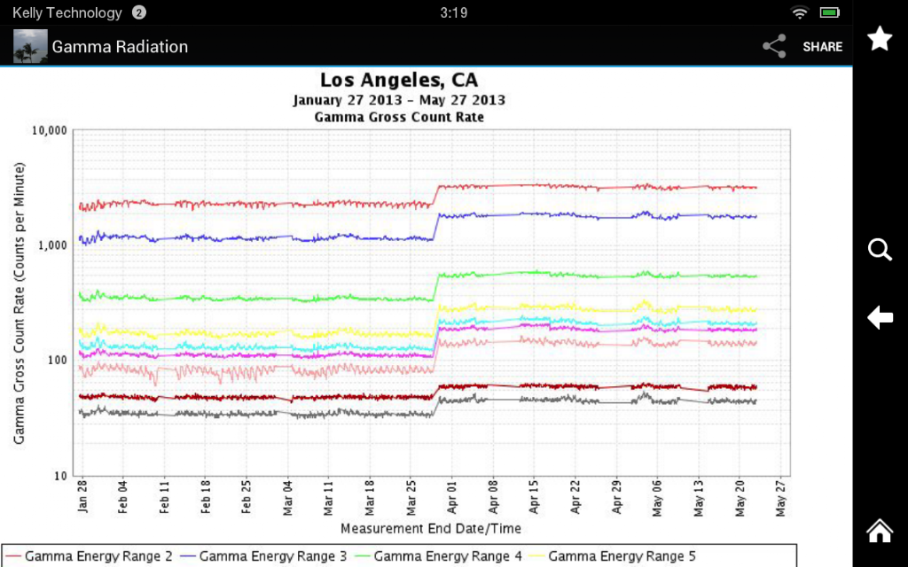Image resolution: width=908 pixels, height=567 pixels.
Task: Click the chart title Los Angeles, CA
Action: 399,80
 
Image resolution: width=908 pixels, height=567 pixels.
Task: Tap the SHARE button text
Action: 822,47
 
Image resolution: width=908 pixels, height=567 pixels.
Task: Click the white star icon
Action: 880,38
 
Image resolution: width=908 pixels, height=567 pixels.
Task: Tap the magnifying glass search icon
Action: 880,250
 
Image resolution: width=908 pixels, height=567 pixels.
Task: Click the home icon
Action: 880,530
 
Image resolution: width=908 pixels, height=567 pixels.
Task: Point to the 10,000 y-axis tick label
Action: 50,130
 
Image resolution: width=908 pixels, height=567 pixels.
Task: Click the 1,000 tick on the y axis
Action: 53,245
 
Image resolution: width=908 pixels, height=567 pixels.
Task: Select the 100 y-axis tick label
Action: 57,360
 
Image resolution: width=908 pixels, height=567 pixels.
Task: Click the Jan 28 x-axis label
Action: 82,496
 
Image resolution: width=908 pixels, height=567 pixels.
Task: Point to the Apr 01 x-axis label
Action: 452,497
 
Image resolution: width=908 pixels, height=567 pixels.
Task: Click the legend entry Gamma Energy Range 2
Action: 90,556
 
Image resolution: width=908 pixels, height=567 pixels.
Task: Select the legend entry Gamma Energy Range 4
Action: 438,556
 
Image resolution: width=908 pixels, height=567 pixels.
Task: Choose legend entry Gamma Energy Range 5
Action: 613,556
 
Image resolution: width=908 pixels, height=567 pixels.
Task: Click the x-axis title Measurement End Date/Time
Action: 431,529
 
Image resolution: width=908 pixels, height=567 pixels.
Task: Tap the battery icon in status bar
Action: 830,12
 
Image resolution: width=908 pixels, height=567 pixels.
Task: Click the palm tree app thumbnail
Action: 30,46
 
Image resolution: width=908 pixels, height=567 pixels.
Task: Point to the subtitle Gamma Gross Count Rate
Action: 399,118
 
